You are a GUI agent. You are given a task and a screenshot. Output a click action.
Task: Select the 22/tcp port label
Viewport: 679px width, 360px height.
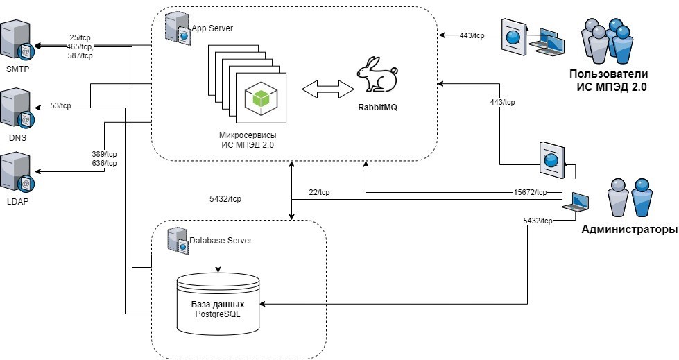point(319,192)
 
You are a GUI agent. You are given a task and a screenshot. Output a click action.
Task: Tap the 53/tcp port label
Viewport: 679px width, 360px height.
point(61,105)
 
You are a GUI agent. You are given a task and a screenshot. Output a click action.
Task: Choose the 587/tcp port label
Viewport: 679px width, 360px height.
point(82,55)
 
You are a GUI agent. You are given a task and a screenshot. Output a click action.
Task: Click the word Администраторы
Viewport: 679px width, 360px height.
point(629,230)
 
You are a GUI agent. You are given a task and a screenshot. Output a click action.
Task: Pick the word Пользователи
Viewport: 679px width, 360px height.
point(608,74)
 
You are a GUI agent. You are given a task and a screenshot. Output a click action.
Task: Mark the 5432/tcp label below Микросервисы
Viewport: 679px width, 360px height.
point(225,198)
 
